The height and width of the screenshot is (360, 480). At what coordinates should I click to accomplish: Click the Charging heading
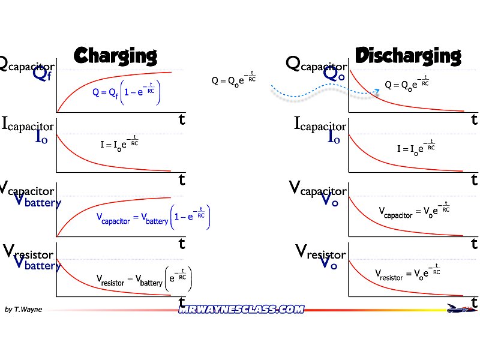115,56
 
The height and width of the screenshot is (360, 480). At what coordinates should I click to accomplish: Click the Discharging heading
408,56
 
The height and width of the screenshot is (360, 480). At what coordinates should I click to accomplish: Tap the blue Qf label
35,79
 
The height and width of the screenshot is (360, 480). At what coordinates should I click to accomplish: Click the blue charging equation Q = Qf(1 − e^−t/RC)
127,92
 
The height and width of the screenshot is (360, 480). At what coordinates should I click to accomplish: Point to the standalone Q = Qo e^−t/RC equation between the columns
233,79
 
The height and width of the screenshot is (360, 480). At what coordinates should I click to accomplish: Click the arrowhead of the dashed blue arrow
377,91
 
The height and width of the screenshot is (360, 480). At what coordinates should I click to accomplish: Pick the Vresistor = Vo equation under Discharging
408,274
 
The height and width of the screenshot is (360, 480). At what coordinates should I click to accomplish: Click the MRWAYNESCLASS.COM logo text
241,309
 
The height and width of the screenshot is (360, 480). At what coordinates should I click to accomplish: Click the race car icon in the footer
462,309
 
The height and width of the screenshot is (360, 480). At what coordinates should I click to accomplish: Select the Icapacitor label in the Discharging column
320,124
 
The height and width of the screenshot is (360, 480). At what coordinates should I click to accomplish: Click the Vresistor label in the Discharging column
323,251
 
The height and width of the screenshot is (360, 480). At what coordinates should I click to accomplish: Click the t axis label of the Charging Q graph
182,119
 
